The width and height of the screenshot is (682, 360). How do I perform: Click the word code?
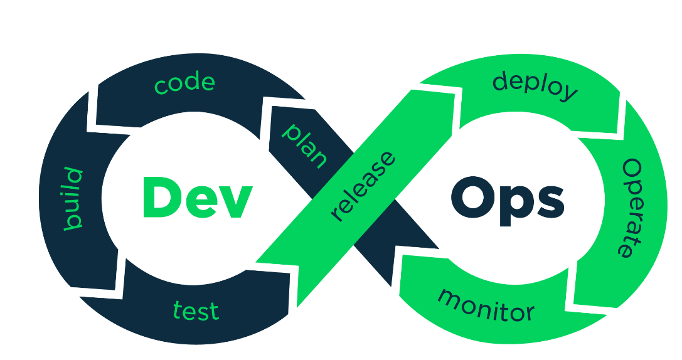[x=185, y=83]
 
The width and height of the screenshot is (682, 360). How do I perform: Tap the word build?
[x=73, y=198]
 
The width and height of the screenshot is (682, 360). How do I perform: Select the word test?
[x=196, y=310]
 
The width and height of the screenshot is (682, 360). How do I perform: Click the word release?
[x=363, y=186]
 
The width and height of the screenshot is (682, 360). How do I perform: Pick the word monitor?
[x=486, y=305]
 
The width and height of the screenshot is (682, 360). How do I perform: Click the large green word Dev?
[x=198, y=197]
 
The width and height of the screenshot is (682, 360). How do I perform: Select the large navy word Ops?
[x=508, y=201]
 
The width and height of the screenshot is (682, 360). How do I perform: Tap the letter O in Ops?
[x=472, y=197]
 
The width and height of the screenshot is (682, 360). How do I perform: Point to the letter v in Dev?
[x=235, y=202]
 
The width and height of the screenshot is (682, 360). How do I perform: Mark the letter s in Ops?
[x=551, y=202]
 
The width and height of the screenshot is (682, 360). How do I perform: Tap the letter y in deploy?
[x=567, y=93]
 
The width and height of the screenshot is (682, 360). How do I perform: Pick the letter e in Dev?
[x=200, y=202]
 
